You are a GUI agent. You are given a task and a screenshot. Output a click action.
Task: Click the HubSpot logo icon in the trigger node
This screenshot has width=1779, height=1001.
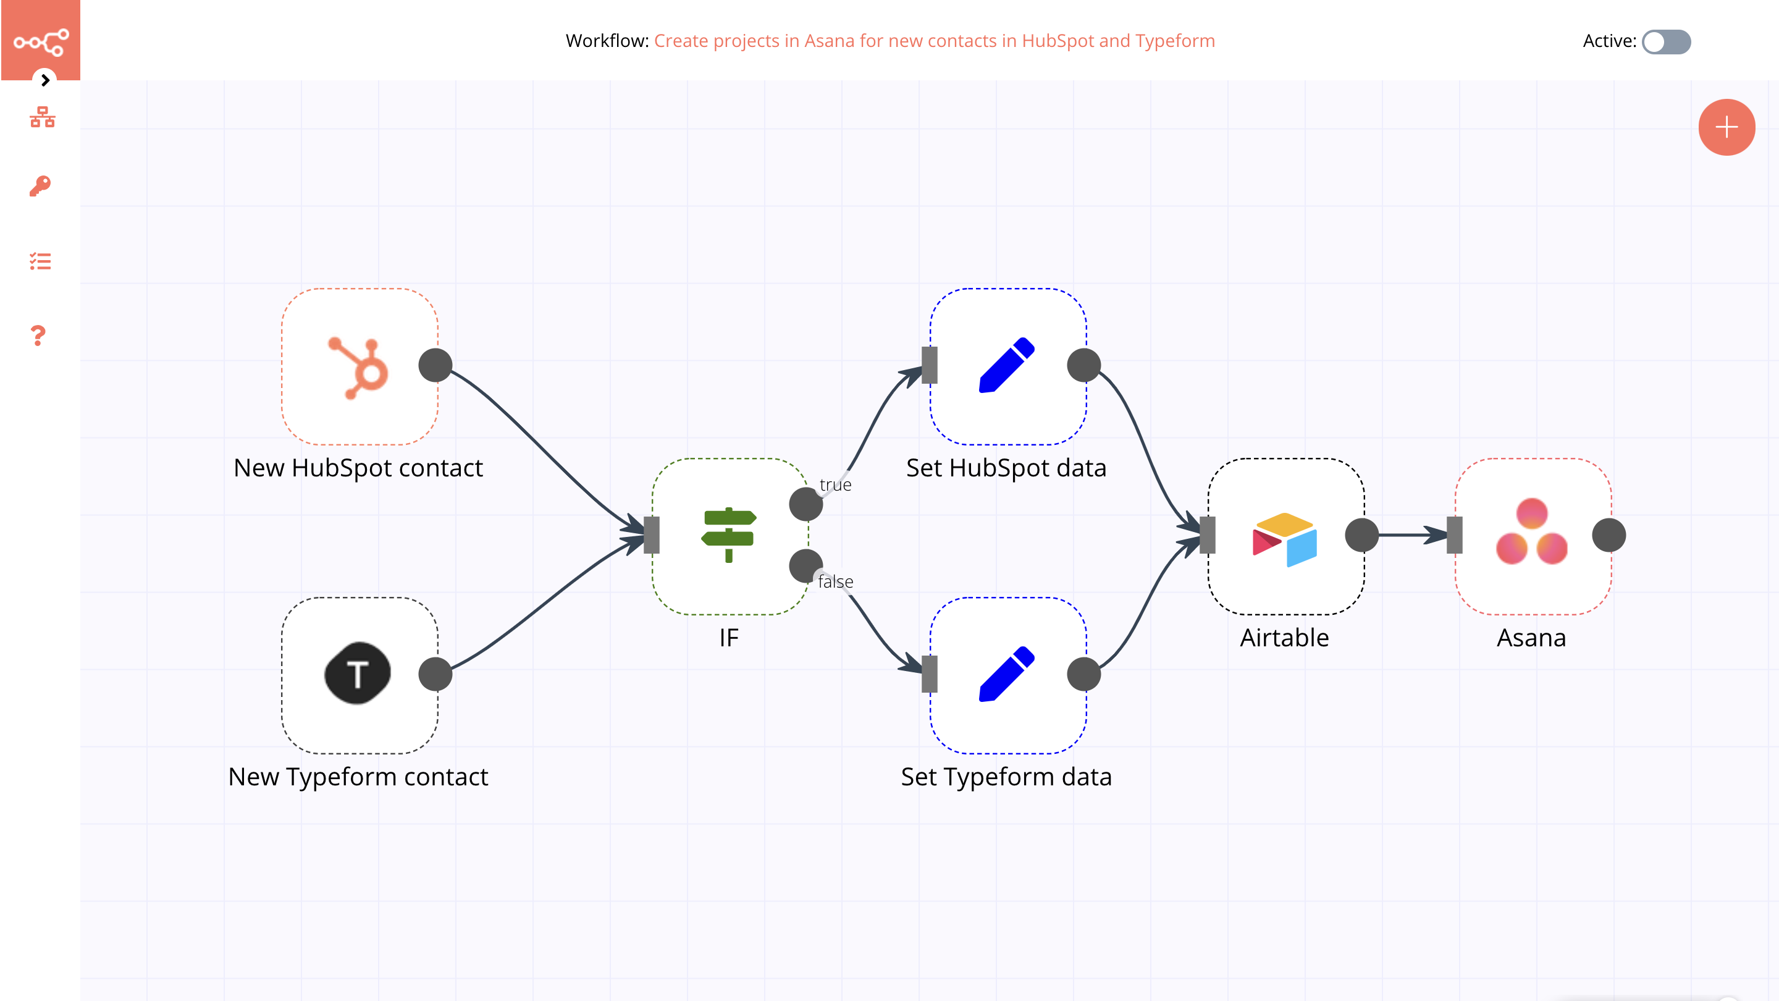pos(358,367)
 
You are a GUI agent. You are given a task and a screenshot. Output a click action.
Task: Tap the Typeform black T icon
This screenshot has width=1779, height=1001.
pos(357,674)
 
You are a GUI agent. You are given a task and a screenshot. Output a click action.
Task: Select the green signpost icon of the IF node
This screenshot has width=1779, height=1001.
pos(729,535)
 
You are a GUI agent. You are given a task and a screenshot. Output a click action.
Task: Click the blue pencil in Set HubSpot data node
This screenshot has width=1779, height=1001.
pos(1006,365)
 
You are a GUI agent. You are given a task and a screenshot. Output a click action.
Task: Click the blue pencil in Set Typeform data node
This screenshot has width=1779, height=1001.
pos(1006,674)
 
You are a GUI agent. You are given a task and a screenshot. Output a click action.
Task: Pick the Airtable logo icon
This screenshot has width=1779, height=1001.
pos(1285,538)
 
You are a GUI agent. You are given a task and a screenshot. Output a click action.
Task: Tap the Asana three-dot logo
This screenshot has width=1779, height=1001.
pos(1531,532)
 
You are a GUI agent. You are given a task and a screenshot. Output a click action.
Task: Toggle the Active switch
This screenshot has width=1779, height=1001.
pos(1666,41)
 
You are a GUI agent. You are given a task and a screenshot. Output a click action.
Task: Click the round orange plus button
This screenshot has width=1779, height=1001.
pos(1726,127)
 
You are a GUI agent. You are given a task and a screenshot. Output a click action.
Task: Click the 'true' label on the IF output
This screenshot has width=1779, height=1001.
pos(835,485)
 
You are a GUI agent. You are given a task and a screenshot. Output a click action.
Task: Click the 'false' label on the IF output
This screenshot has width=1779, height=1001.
pos(835,581)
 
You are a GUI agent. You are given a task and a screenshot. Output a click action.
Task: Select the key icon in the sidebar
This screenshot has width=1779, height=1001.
pos(40,186)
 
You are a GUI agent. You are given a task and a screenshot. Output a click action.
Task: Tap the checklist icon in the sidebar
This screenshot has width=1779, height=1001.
pos(40,261)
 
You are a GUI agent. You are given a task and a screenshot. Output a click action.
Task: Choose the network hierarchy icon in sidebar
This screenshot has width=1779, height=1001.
pos(42,117)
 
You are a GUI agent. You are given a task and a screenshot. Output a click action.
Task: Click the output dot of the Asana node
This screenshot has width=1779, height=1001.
pos(1609,535)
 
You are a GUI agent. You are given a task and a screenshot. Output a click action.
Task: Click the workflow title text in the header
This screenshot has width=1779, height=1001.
pos(934,41)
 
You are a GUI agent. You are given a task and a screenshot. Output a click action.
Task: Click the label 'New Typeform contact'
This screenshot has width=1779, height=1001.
pos(358,777)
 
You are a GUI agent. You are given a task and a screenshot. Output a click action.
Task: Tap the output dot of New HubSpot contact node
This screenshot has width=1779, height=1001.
pos(435,365)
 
